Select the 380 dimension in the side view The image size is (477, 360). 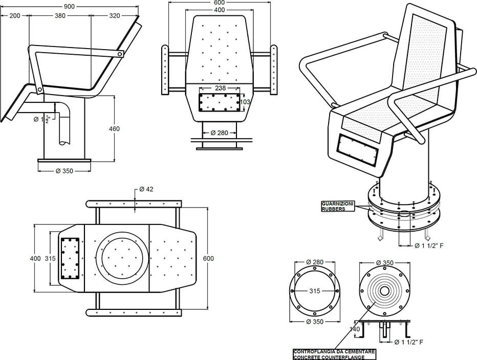(x=60, y=16)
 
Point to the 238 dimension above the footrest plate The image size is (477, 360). (x=220, y=88)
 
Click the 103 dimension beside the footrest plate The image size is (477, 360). (x=245, y=102)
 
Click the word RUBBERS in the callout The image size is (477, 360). (x=333, y=209)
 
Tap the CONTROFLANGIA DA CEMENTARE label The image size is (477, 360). (x=334, y=352)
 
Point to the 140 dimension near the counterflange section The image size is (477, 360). (x=356, y=330)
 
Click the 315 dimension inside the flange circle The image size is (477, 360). (x=314, y=291)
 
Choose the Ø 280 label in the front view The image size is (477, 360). (x=219, y=133)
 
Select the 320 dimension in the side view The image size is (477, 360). (x=114, y=16)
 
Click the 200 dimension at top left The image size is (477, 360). (x=15, y=16)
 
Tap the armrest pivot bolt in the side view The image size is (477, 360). (x=119, y=54)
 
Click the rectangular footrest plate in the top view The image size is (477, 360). (x=69, y=258)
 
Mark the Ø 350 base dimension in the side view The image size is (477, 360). (x=64, y=171)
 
